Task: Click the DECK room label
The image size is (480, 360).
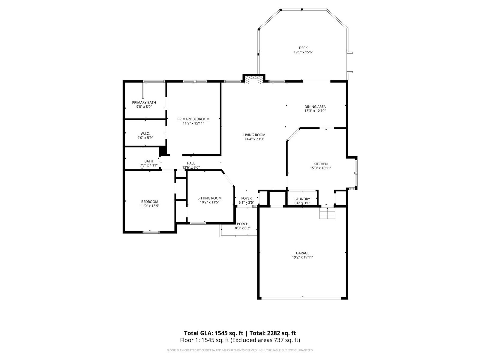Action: tap(303, 48)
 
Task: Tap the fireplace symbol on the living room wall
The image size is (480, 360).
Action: tap(254, 80)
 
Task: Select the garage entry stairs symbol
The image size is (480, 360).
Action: tap(327, 213)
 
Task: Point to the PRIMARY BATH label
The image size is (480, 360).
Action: tap(144, 103)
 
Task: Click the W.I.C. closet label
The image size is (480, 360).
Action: tap(145, 133)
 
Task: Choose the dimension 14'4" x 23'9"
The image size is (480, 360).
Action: tap(254, 139)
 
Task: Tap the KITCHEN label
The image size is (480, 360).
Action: tap(321, 164)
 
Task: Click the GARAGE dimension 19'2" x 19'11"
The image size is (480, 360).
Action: tap(303, 257)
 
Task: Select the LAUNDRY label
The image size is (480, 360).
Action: tap(302, 199)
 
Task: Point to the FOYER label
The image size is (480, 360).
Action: tap(247, 199)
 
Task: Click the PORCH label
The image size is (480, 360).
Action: tap(242, 224)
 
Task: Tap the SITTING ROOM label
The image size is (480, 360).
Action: tap(209, 198)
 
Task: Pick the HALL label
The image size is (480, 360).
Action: tap(191, 163)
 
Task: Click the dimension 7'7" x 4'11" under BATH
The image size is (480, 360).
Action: tap(149, 166)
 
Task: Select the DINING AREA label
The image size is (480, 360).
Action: tap(315, 107)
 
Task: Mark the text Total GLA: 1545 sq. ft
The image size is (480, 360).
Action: tap(214, 333)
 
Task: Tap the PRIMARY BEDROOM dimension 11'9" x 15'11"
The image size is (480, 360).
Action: tap(193, 123)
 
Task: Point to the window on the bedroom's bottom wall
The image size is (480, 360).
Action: tap(151, 232)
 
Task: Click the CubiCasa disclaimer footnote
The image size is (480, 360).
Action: tap(240, 350)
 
